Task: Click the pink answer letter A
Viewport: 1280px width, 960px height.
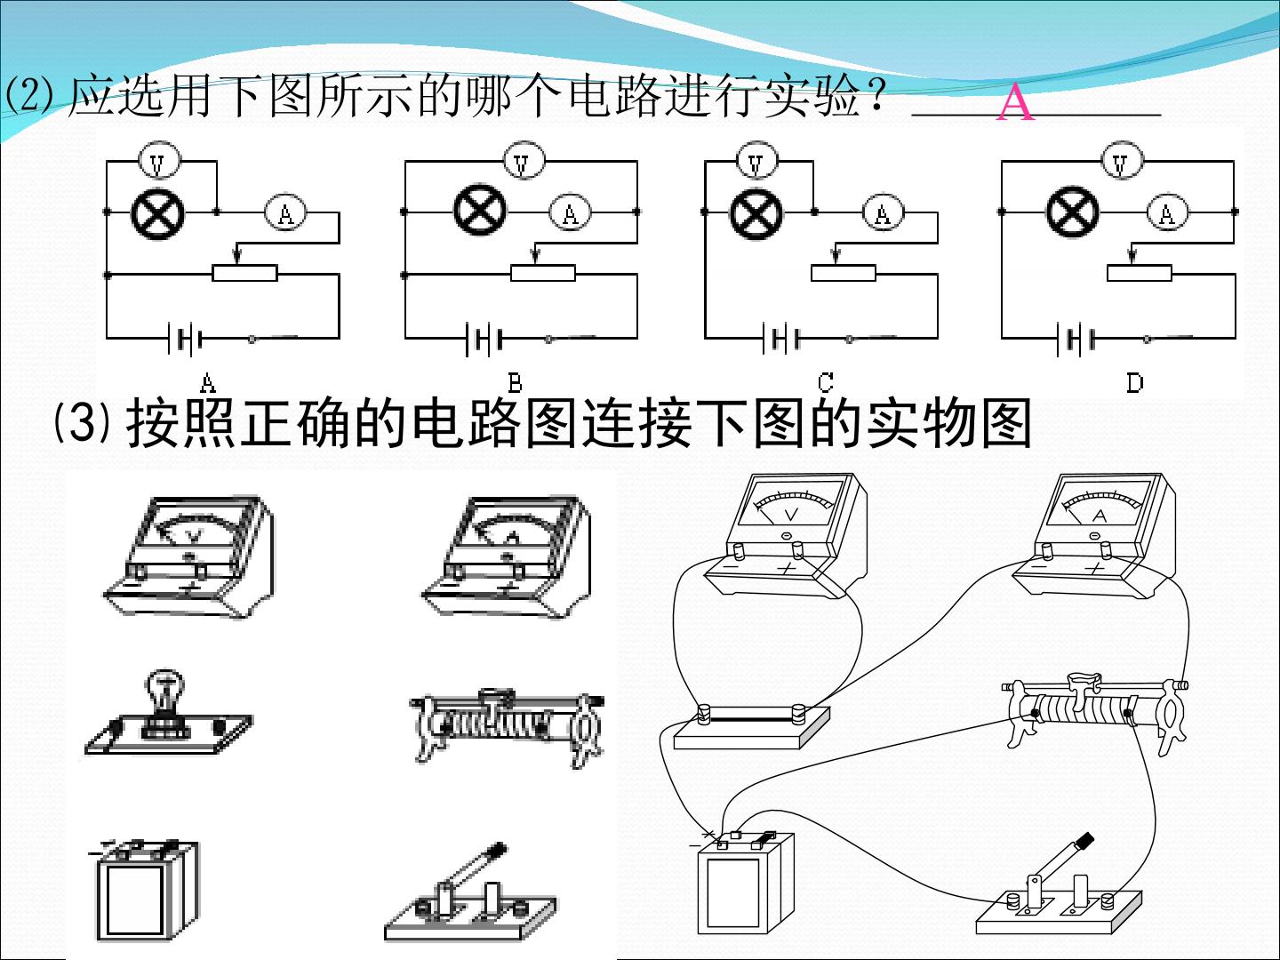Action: [x=1015, y=102]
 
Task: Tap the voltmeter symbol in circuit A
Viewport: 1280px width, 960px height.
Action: [x=158, y=162]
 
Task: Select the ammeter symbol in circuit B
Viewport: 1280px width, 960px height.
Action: [x=570, y=212]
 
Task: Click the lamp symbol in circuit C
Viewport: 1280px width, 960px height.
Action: [x=756, y=212]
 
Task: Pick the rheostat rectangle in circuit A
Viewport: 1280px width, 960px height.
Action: [x=244, y=273]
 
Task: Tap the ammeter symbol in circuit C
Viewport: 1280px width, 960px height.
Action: [x=883, y=212]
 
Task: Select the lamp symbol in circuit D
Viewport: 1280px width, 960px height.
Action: [x=1072, y=212]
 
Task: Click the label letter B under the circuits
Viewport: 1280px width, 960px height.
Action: [x=515, y=383]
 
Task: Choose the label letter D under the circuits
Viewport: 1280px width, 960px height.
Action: [x=1135, y=383]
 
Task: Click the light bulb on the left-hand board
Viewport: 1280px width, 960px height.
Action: [x=165, y=691]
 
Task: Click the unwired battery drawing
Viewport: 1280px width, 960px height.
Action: [x=146, y=890]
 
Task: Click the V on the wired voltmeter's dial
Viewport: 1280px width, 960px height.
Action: [x=791, y=514]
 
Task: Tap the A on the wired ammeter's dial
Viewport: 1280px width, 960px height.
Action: [x=1100, y=516]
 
